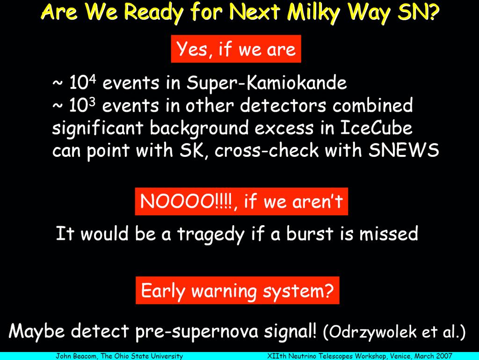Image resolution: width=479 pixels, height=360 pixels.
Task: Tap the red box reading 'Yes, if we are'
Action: click(x=236, y=49)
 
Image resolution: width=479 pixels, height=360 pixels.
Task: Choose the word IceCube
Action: click(x=376, y=128)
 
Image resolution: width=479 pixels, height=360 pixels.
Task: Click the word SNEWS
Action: click(x=404, y=150)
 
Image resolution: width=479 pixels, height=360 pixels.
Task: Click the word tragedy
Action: click(x=211, y=235)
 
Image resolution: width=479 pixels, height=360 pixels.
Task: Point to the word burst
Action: click(x=310, y=234)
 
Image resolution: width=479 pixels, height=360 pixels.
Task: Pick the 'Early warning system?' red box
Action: click(x=237, y=290)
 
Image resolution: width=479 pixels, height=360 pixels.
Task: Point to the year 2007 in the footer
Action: click(x=444, y=356)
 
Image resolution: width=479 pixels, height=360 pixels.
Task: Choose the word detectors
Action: click(x=283, y=105)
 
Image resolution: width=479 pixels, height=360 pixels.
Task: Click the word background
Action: click(x=199, y=129)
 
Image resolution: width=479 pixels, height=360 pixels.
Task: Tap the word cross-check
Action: click(x=267, y=150)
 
